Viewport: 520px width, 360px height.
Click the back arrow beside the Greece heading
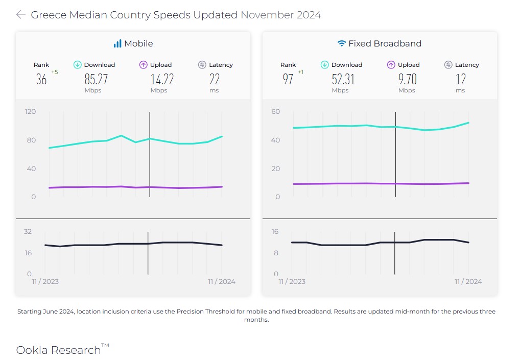20,15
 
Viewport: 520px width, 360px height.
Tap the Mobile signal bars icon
117,43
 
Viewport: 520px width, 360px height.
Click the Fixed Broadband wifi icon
341,43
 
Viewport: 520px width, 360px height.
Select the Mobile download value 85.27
96,79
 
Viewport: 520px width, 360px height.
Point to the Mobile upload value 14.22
162,79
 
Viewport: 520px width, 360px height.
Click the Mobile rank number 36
41,79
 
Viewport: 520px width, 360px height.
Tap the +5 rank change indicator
55,72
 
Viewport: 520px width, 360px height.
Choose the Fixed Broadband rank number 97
288,79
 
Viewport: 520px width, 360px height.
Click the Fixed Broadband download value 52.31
343,79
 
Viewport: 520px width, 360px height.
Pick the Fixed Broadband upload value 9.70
407,79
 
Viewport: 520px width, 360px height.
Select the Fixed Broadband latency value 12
461,79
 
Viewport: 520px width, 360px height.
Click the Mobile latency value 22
215,79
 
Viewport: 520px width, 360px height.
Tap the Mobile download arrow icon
77,65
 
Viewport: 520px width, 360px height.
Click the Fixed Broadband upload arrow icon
391,65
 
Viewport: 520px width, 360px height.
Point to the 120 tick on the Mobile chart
30,111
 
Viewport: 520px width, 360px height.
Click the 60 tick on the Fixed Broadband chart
276,111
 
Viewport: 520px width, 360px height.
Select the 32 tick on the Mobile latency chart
28,231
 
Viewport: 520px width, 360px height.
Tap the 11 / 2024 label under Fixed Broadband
468,281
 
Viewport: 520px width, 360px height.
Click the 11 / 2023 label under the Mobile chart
45,281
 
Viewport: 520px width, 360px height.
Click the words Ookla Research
58,350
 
